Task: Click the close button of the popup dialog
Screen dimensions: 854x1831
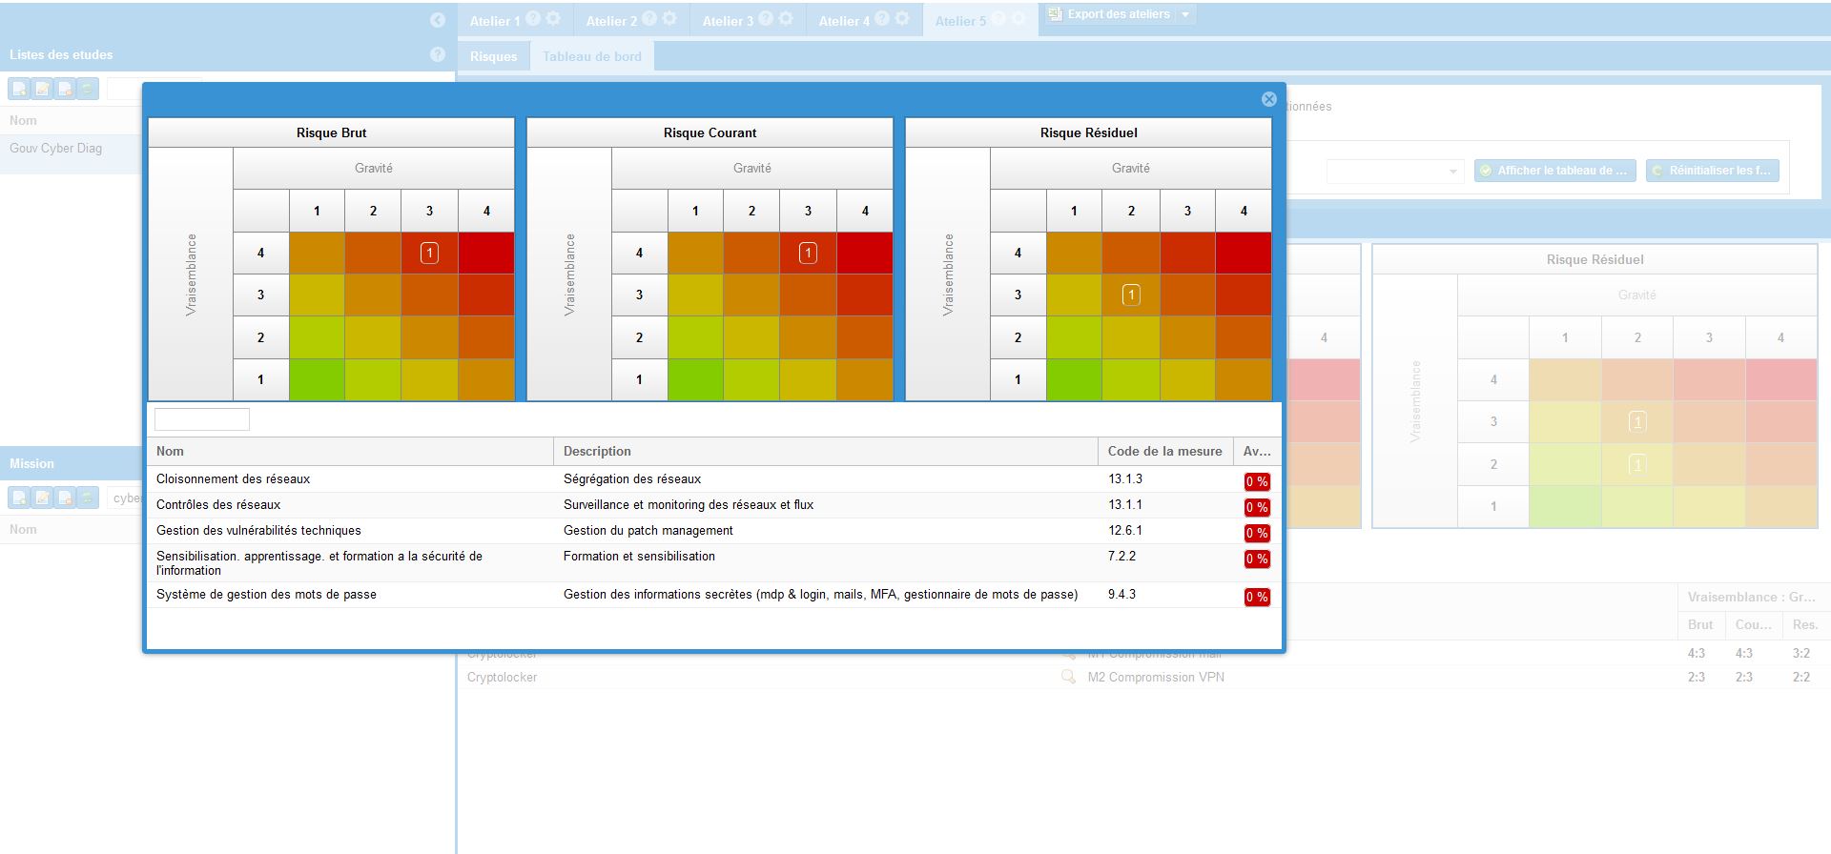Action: (x=1268, y=99)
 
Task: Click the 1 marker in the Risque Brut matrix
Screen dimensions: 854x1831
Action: (x=429, y=253)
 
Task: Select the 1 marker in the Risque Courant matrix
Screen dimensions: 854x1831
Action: (x=808, y=253)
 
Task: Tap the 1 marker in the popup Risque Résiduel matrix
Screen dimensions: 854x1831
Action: (x=1131, y=295)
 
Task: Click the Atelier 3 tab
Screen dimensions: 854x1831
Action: (x=728, y=21)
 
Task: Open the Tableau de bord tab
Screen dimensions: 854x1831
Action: (x=591, y=56)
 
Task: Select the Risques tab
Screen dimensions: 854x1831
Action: (x=493, y=56)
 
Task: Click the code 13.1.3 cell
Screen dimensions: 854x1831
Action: (x=1125, y=479)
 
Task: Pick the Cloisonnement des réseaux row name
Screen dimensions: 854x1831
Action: (x=234, y=479)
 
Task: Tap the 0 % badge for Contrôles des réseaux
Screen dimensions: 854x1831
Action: (x=1256, y=507)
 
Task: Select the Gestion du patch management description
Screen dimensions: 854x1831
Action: (x=648, y=531)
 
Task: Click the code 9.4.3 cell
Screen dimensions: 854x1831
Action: (x=1121, y=595)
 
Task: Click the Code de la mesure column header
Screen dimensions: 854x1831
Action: (x=1164, y=452)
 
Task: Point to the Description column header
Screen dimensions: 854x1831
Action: (x=597, y=452)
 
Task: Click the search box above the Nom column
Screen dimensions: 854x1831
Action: (x=202, y=419)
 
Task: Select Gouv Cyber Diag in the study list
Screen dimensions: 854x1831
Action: (x=56, y=149)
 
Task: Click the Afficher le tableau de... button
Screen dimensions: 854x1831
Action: (x=1554, y=171)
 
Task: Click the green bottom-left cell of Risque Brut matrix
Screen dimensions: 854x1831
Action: (x=317, y=379)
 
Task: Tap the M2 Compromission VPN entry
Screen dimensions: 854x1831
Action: (x=1156, y=678)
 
